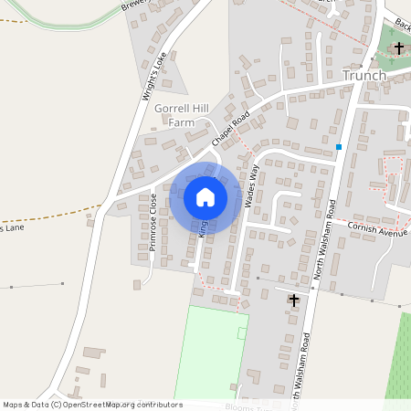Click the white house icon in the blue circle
pos(205,196)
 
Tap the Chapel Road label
pos(232,128)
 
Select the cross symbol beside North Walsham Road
pos(293,300)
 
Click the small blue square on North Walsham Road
pos(339,146)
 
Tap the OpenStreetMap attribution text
pos(91,404)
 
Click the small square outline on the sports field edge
pos(242,333)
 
